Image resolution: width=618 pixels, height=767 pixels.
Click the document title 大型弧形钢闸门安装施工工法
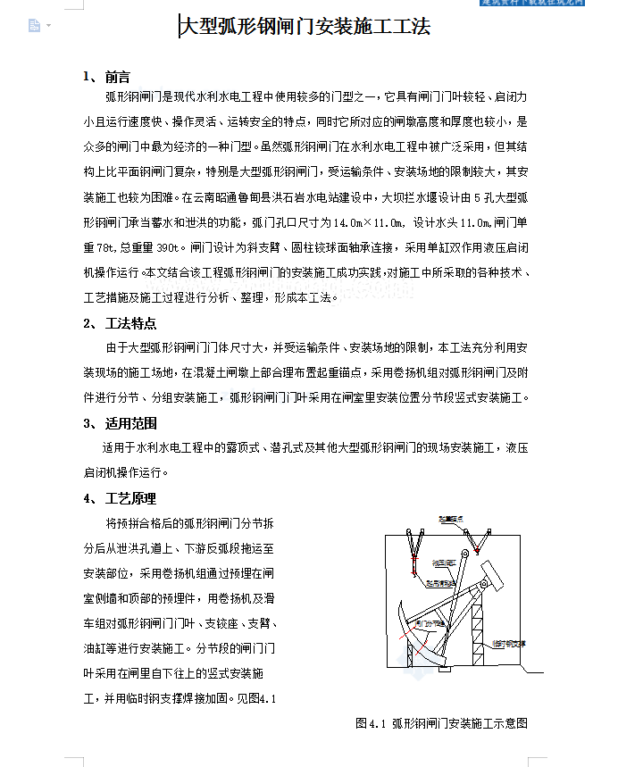(x=305, y=28)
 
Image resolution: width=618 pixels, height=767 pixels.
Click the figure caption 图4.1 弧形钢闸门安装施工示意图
(x=441, y=723)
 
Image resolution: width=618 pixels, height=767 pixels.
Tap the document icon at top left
(x=34, y=26)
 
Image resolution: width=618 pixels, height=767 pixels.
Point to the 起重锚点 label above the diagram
(x=449, y=518)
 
